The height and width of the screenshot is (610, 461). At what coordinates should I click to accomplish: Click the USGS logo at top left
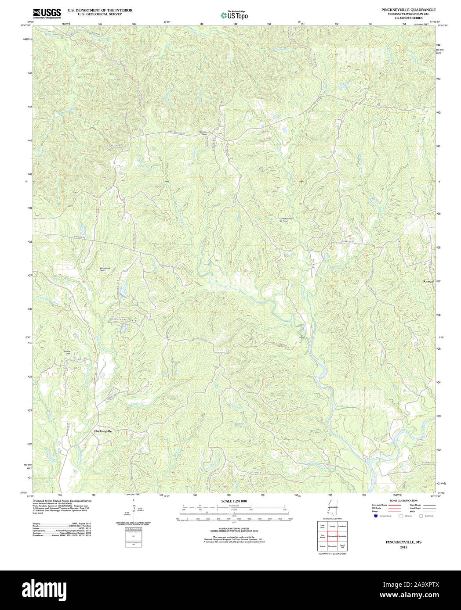(x=47, y=13)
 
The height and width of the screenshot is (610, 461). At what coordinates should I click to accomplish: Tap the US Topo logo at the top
(x=234, y=15)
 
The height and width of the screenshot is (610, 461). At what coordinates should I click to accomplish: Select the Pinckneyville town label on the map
(x=103, y=431)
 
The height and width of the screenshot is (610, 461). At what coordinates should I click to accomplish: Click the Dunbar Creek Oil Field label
(x=286, y=219)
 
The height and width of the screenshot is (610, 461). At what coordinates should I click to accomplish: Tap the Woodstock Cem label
(x=105, y=269)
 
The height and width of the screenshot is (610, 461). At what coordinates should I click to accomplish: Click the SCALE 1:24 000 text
(x=234, y=501)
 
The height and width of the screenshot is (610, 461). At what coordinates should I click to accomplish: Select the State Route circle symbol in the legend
(x=421, y=516)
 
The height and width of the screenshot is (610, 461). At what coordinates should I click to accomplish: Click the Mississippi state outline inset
(x=331, y=509)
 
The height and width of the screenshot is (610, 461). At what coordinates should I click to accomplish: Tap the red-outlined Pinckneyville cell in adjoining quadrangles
(x=332, y=536)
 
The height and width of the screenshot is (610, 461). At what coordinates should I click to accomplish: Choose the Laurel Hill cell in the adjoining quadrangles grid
(x=342, y=546)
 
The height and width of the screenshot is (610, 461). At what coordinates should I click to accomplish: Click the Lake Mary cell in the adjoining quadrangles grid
(x=322, y=526)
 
